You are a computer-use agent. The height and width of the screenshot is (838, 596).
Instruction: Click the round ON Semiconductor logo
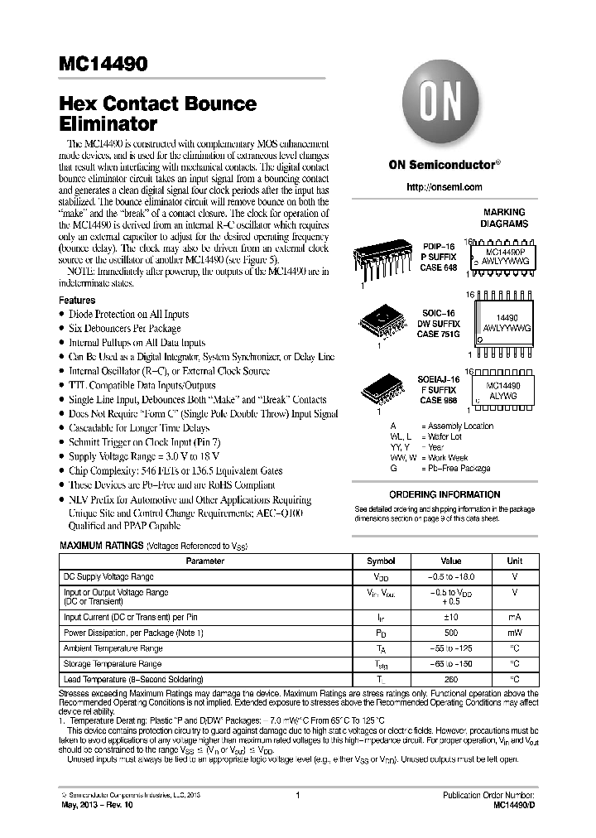pos(445,105)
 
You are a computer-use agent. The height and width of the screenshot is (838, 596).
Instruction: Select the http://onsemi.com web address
pos(445,187)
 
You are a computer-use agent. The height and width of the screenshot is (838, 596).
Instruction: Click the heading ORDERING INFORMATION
pos(445,494)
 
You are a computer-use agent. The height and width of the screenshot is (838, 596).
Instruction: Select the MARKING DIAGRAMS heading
pos(504,218)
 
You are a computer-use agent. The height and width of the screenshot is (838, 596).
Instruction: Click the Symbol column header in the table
pos(381,561)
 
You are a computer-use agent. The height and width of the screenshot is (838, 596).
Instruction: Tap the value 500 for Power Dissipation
pos(450,633)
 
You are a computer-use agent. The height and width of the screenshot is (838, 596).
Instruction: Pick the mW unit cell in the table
pos(514,633)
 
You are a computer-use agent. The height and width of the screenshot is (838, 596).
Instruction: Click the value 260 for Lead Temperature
pos(450,680)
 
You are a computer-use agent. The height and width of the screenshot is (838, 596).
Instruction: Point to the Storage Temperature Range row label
pos(113,664)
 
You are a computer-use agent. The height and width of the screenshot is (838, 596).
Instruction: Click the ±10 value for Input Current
pos(450,617)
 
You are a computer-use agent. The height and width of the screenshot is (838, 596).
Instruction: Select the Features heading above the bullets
pos(77,300)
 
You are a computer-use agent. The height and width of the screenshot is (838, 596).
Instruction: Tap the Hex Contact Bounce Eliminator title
pos(157,114)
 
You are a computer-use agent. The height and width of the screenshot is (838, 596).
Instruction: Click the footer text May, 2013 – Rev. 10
pos(100,804)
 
